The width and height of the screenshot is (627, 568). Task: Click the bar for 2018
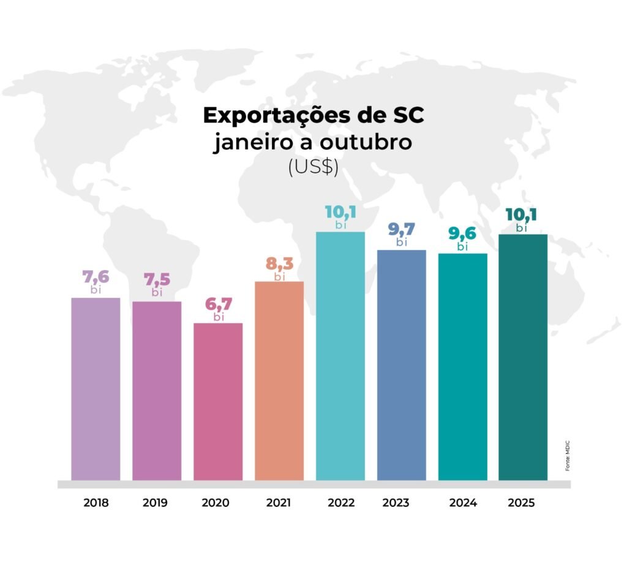96,388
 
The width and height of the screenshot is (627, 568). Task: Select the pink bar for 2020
218,401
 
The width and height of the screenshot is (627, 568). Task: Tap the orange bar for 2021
279,380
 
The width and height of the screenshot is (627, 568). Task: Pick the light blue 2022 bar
340,355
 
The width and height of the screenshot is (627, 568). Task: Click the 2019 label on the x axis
155,503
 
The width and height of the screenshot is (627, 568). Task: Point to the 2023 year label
396,503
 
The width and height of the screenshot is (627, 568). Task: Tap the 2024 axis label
463,503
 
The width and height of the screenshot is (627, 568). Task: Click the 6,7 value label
219,303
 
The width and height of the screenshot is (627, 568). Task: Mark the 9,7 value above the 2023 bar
402,229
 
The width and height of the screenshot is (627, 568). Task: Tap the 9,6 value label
462,233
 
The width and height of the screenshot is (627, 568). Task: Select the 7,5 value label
157,279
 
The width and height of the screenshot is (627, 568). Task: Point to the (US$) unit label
313,168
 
